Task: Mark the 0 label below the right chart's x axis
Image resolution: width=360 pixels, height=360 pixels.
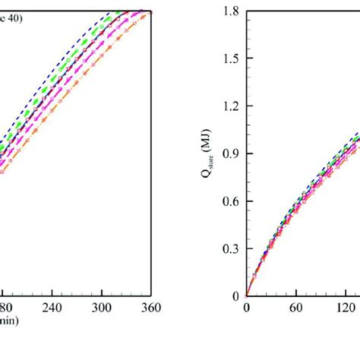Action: click(x=246, y=308)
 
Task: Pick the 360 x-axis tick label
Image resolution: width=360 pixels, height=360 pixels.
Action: click(x=152, y=308)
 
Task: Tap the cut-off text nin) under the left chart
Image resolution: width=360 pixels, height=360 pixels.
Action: click(x=9, y=321)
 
